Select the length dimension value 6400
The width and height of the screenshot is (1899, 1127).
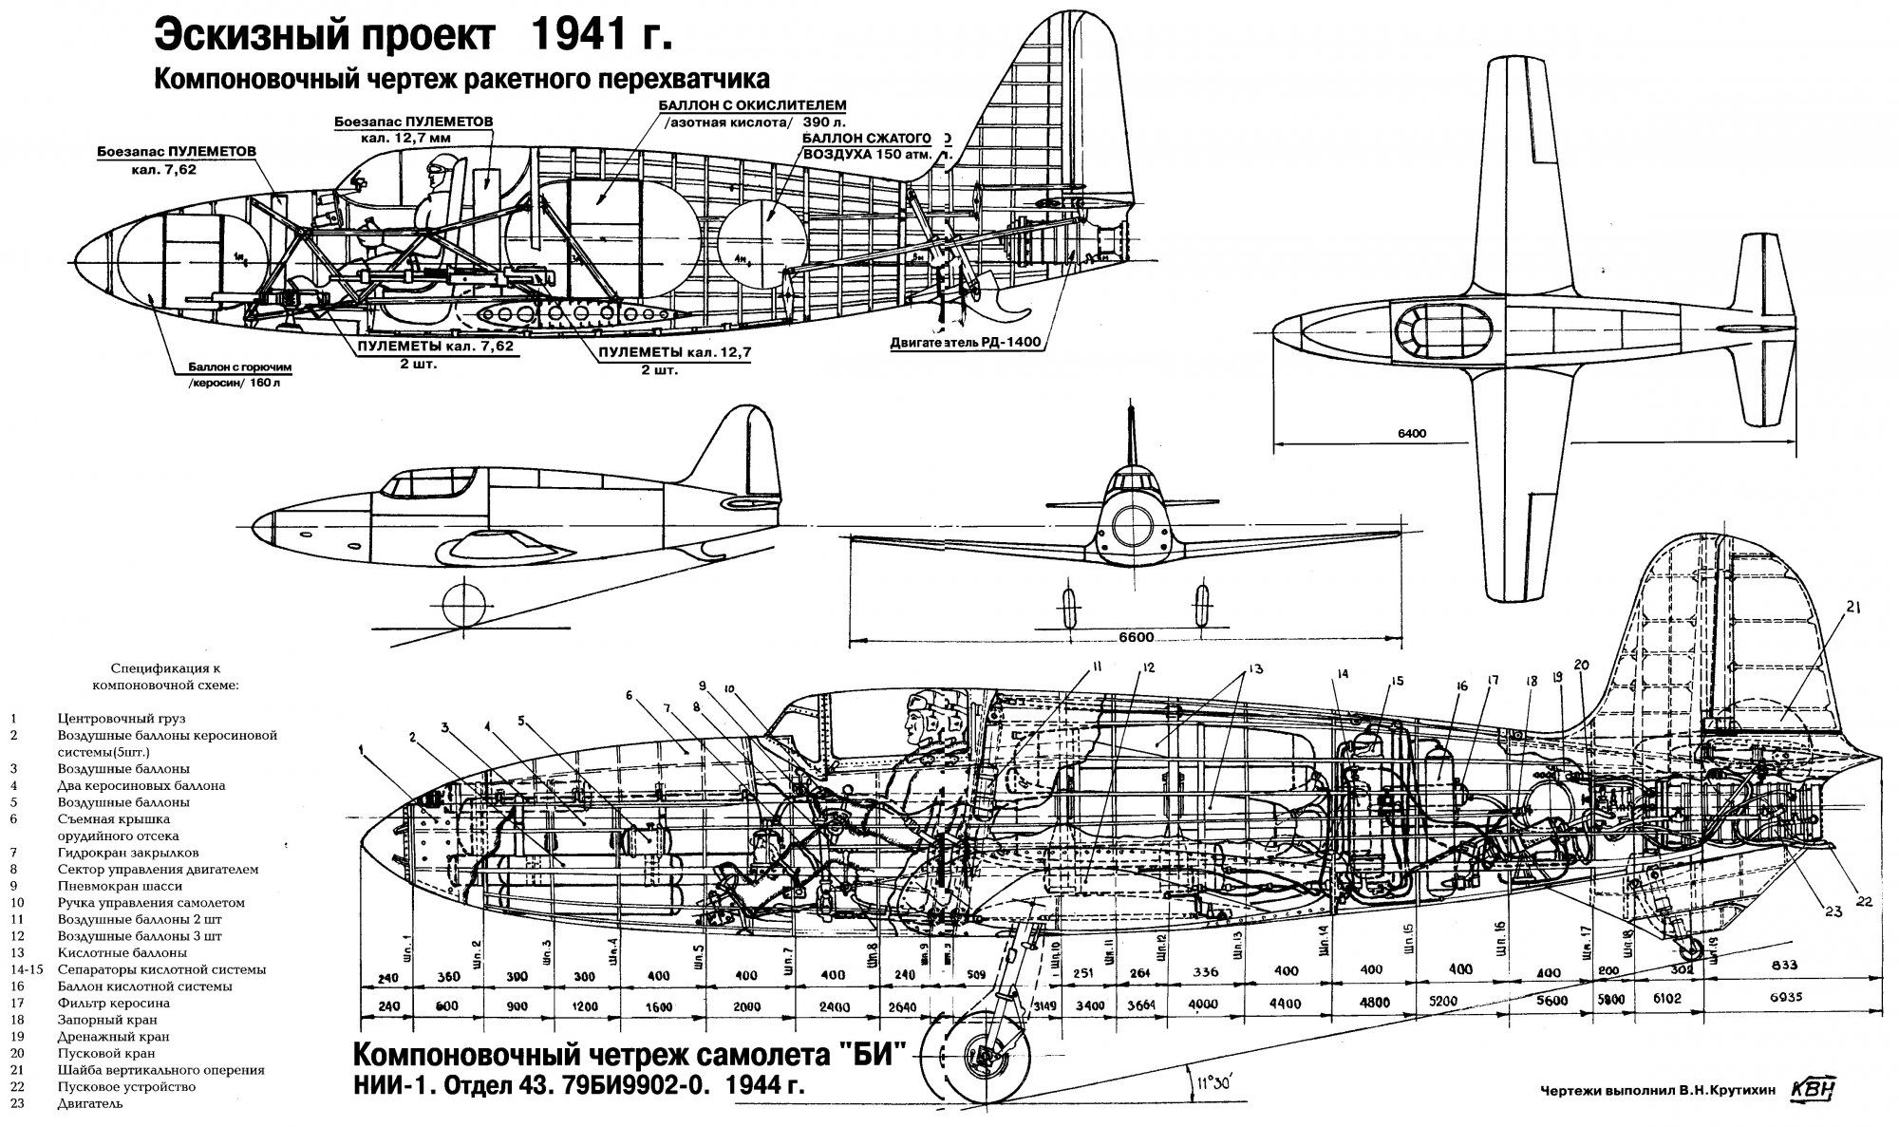tap(1412, 434)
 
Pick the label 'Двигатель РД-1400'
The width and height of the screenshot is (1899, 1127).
tap(959, 344)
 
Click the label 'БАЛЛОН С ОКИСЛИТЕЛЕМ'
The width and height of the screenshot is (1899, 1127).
tap(752, 104)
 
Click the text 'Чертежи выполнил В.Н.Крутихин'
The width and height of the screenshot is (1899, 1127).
tap(1656, 1091)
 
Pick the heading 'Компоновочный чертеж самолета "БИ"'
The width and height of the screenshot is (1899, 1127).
tap(624, 1056)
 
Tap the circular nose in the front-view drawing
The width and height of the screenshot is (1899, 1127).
tap(1131, 521)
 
